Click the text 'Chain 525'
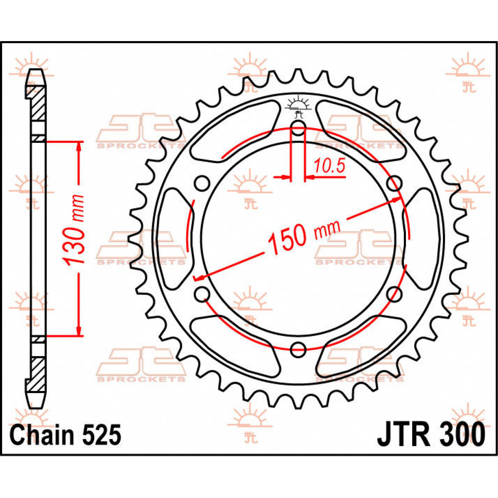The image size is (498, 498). pyautogui.click(x=66, y=435)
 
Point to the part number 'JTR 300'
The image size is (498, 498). pyautogui.click(x=430, y=435)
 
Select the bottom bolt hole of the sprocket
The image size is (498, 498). pyautogui.click(x=298, y=349)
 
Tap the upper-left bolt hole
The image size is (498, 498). pyautogui.click(x=202, y=183)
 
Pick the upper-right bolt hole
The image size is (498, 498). pyautogui.click(x=394, y=183)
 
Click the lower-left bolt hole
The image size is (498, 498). pyautogui.click(x=202, y=294)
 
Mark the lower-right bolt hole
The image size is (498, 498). pyautogui.click(x=394, y=294)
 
